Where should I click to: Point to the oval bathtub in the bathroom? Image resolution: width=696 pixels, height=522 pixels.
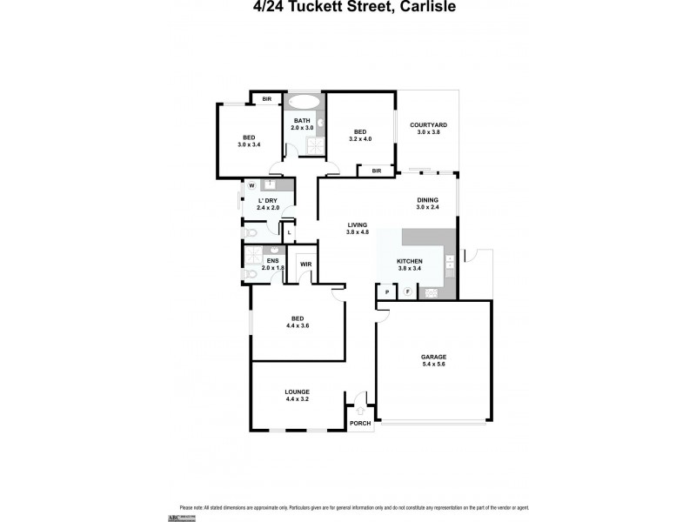pos(303,100)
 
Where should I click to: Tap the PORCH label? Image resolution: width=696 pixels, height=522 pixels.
pos(359,424)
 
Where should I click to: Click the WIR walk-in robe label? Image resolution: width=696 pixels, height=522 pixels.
pos(305,264)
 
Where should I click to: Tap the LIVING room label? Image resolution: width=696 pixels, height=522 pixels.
pos(358,228)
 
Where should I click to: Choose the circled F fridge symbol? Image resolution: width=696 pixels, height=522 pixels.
pos(406,292)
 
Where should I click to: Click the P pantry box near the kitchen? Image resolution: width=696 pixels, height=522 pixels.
pos(386,292)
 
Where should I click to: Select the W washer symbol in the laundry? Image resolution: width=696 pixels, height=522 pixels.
pos(251,185)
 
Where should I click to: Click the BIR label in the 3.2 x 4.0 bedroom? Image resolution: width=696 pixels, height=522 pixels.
pos(377,171)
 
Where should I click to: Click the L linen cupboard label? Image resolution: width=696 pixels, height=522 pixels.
pos(288,231)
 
